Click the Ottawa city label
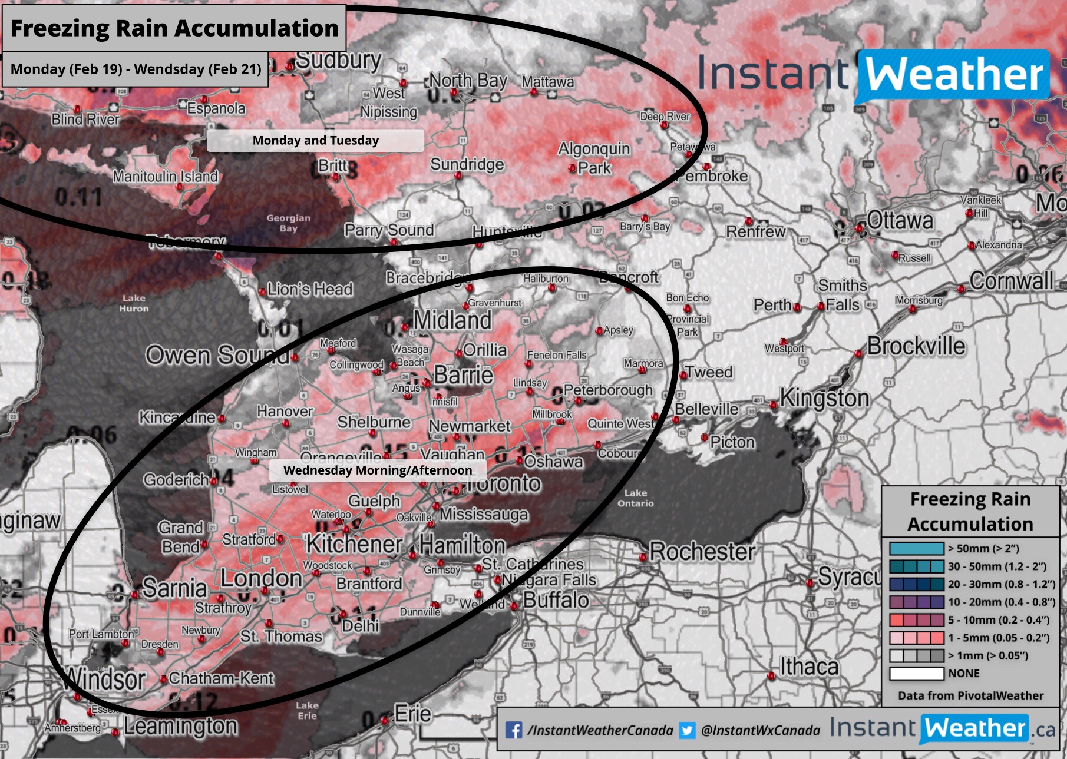tap(900, 221)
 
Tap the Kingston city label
tap(824, 399)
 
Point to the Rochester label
tap(702, 552)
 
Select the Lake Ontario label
tap(635, 498)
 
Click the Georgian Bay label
tap(288, 223)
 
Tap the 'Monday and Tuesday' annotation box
tap(315, 141)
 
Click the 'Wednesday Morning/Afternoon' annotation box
tap(377, 470)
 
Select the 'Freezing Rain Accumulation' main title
tap(174, 28)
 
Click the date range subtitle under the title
tap(136, 69)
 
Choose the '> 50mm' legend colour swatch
tap(916, 549)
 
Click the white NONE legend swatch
tap(916, 673)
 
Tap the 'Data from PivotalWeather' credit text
tap(970, 695)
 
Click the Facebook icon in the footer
tap(514, 731)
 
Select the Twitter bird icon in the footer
tap(686, 731)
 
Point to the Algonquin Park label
tap(594, 158)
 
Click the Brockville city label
tap(916, 346)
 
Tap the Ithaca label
tap(809, 667)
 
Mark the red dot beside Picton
tap(704, 437)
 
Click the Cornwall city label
tap(1011, 281)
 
